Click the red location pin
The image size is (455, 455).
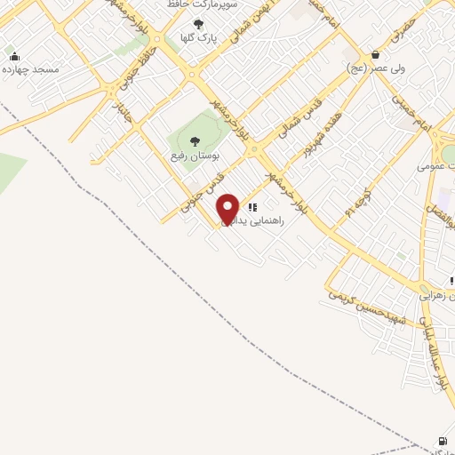(227, 209)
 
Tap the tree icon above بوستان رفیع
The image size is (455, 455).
(195, 140)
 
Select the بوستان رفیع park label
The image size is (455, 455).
(196, 155)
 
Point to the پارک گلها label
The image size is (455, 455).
(196, 37)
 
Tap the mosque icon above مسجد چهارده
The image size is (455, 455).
(13, 57)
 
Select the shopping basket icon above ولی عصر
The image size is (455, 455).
(376, 54)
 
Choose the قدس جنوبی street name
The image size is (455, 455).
(200, 189)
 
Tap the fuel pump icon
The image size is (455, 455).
(442, 441)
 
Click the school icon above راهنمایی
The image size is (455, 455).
(252, 207)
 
